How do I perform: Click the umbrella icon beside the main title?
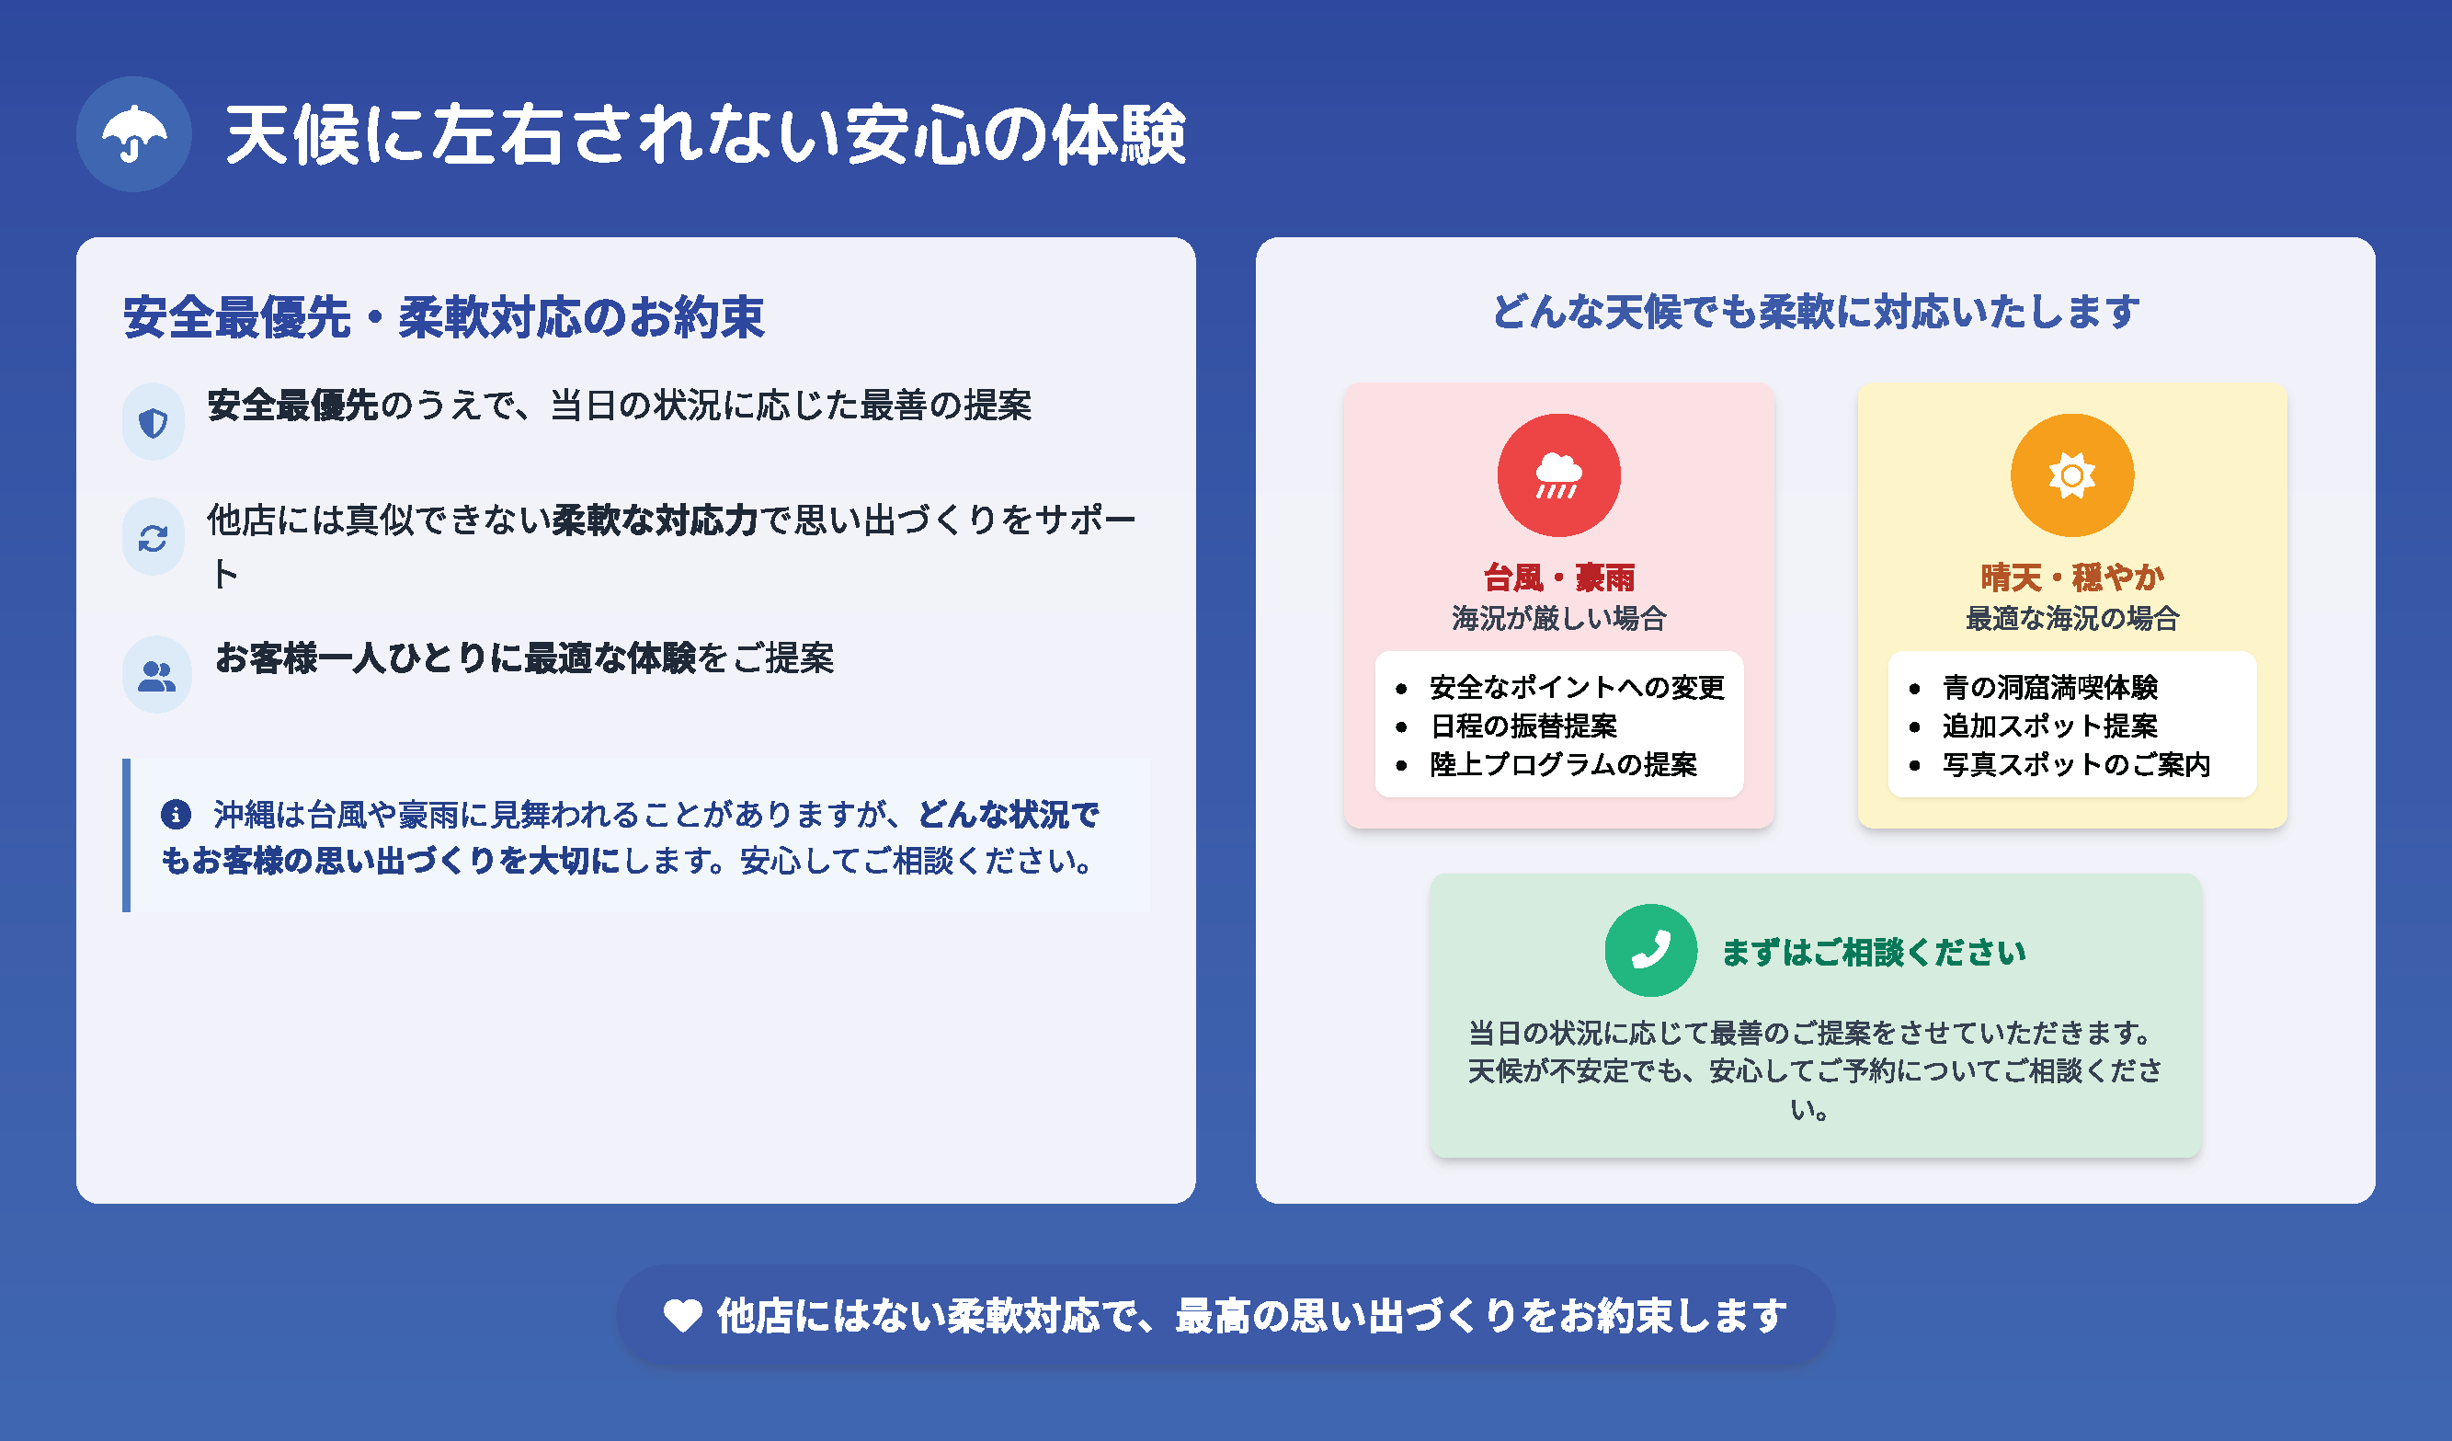coord(133,134)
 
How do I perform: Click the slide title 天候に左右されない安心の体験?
coord(705,134)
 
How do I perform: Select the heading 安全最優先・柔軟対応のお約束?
coord(444,317)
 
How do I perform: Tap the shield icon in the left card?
coord(153,422)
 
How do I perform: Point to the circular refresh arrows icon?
coord(153,537)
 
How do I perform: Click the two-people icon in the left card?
coord(156,674)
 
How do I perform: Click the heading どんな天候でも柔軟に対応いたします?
coord(1816,312)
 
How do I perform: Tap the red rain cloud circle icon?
coord(1558,475)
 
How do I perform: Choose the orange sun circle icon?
coord(2072,475)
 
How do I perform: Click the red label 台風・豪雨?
coord(1558,578)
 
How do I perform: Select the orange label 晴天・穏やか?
coord(2072,578)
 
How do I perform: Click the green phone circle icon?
coord(1651,951)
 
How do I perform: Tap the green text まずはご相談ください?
coord(1874,952)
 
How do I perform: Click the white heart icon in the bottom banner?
coord(682,1316)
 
